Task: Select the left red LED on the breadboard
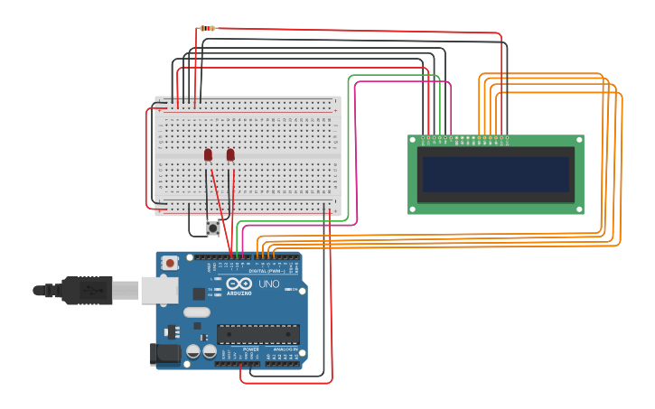click(208, 155)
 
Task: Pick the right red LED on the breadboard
click(230, 155)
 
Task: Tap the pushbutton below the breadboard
click(213, 228)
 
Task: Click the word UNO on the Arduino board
click(269, 284)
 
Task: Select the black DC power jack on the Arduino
click(164, 354)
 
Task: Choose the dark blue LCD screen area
click(496, 174)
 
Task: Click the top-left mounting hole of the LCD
click(413, 140)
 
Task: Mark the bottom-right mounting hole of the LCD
click(579, 209)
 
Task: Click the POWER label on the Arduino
click(250, 349)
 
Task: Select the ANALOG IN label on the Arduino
click(285, 349)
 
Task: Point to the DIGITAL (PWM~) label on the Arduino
click(267, 271)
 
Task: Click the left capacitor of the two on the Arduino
click(193, 351)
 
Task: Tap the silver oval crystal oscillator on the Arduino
click(196, 312)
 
